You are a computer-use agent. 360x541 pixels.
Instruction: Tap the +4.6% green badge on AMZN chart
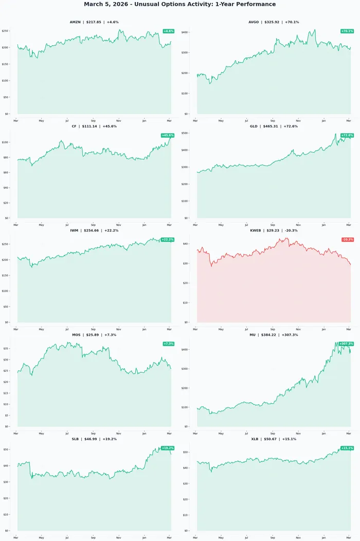pyautogui.click(x=168, y=31)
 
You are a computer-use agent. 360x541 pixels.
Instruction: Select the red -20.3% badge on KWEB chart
pyautogui.click(x=348, y=240)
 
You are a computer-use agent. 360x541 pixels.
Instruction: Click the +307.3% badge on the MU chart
pyautogui.click(x=346, y=344)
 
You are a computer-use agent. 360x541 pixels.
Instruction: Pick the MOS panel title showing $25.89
pyautogui.click(x=94, y=335)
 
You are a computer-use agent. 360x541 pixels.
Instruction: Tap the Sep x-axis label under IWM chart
pyautogui.click(x=93, y=329)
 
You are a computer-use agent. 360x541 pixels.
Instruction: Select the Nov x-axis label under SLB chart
pyautogui.click(x=118, y=537)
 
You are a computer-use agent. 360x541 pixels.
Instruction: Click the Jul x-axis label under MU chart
pyautogui.click(x=246, y=433)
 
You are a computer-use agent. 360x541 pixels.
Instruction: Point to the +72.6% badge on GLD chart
pyautogui.click(x=347, y=135)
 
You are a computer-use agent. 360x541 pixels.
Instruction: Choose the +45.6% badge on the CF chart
pyautogui.click(x=168, y=135)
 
